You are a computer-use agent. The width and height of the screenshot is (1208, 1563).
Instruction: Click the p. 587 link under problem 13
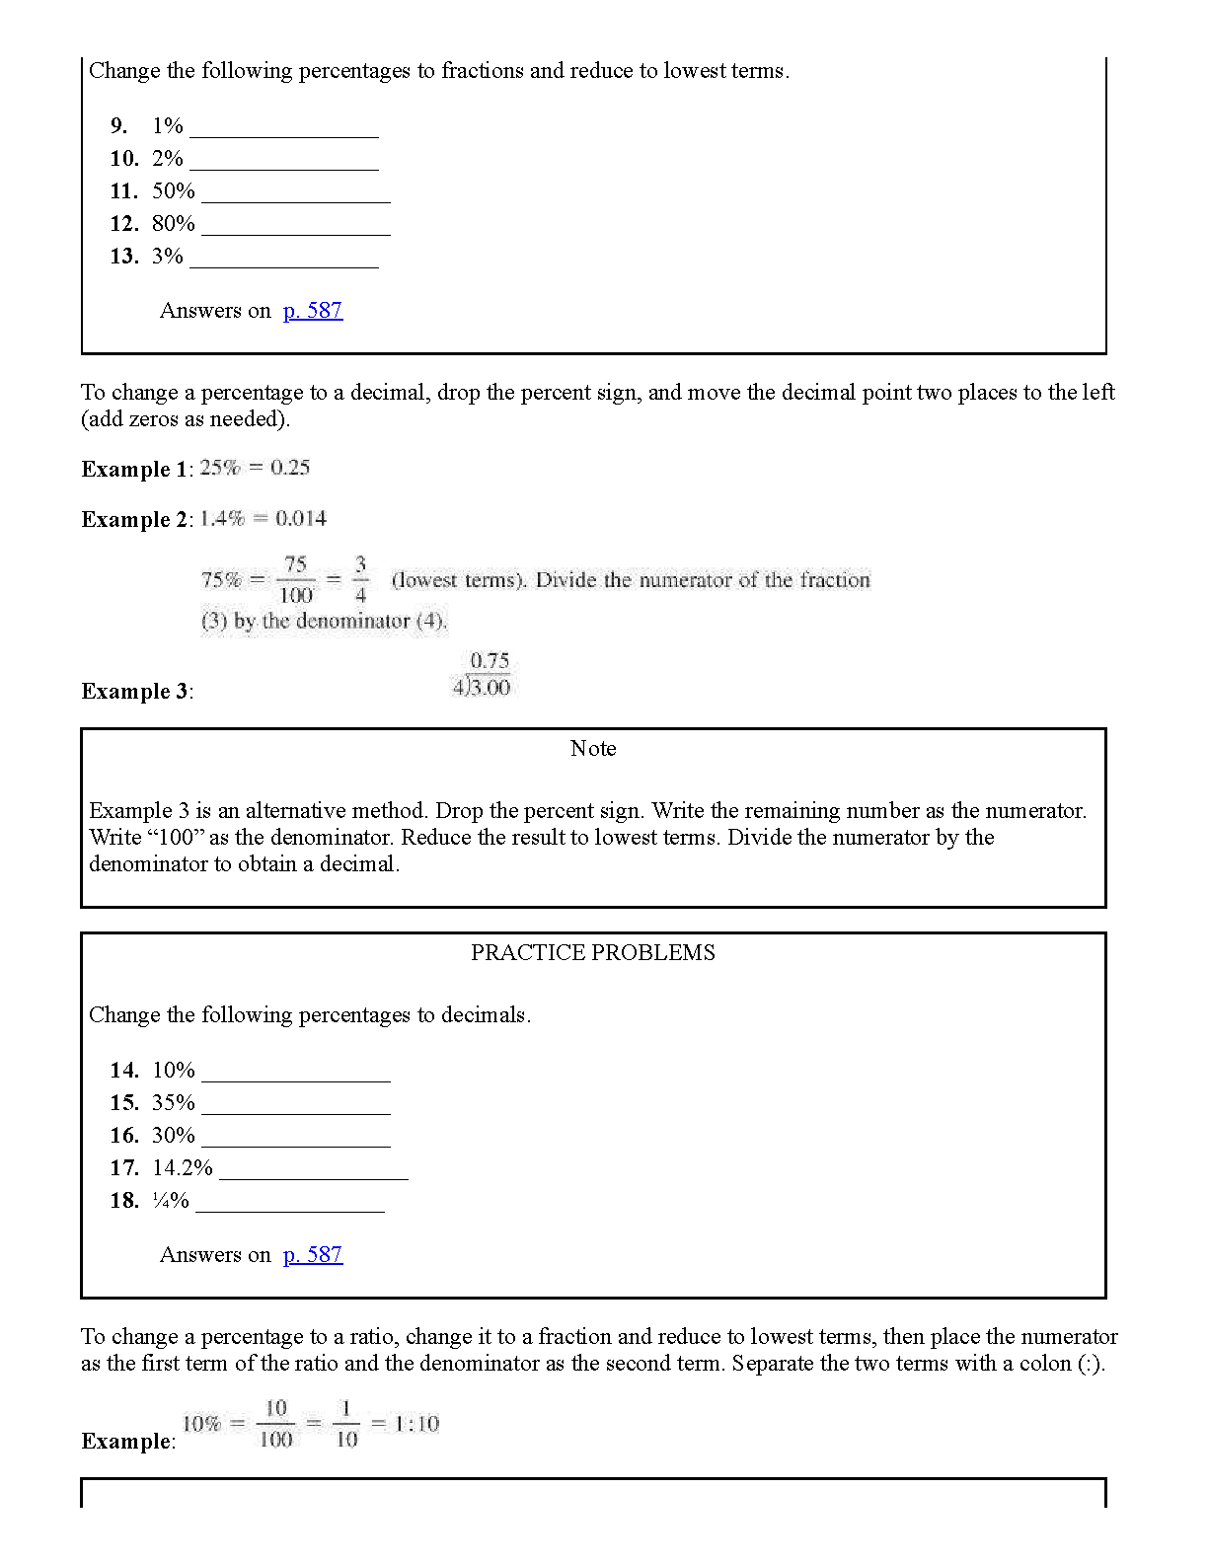(x=312, y=311)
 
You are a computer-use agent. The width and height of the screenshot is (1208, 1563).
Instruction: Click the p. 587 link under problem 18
(x=312, y=1255)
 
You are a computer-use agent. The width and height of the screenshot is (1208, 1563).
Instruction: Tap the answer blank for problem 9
(x=283, y=128)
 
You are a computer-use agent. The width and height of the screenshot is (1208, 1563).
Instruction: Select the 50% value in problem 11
(x=174, y=191)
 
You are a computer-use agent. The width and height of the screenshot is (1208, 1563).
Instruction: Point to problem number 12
(x=124, y=224)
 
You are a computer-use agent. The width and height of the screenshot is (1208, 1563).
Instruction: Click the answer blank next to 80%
(x=295, y=226)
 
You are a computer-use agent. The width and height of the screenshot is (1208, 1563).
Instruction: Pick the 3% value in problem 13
(x=168, y=257)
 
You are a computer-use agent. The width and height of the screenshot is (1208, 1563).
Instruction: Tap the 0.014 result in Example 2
(x=301, y=519)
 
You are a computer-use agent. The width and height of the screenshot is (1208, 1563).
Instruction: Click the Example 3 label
(x=135, y=692)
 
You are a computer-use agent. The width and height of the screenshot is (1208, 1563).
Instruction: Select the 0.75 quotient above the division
(x=490, y=661)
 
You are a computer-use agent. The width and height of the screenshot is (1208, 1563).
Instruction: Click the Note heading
(x=593, y=749)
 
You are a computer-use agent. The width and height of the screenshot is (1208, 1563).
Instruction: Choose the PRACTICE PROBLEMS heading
(x=593, y=953)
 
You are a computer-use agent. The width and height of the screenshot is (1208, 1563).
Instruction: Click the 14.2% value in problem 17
(x=183, y=1168)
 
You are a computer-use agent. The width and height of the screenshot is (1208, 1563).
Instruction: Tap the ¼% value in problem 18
(x=171, y=1201)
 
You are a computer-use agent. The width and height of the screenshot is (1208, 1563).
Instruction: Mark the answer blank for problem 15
(x=295, y=1105)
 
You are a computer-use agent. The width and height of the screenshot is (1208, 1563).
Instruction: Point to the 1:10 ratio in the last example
(x=416, y=1424)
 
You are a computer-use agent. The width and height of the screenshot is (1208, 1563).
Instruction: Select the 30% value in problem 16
(x=174, y=1136)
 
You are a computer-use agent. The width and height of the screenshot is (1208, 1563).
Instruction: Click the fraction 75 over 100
(x=296, y=580)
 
